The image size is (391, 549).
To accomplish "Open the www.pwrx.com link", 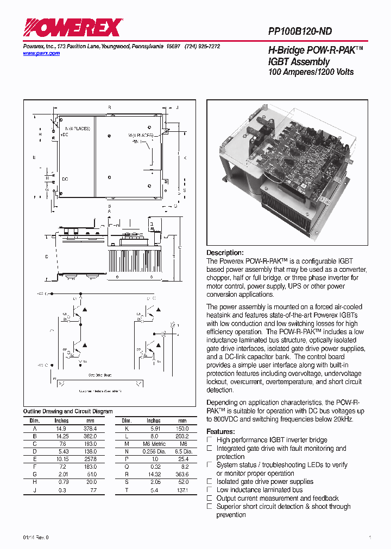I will tap(41, 54).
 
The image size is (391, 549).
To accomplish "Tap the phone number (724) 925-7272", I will tap(202, 47).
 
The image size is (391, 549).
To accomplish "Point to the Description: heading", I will tap(225, 253).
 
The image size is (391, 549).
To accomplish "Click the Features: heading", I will tap(220, 432).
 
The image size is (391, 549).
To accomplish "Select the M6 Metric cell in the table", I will tap(154, 444).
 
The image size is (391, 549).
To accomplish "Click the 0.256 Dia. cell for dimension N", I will tap(154, 451).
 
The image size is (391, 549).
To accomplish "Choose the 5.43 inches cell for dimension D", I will tap(61, 451).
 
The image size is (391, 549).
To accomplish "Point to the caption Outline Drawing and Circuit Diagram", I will tap(68, 411).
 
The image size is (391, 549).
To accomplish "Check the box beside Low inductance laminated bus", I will tap(210, 490).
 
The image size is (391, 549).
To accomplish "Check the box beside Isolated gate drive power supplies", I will tap(210, 482).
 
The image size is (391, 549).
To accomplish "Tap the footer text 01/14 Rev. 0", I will tap(36, 537).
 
